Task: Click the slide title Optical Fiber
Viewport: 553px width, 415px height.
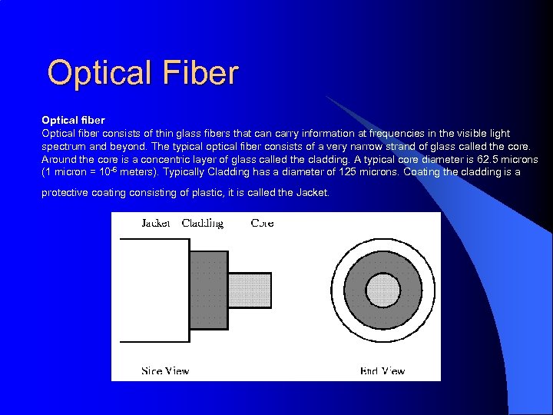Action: point(143,74)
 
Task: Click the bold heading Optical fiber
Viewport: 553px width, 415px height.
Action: point(73,121)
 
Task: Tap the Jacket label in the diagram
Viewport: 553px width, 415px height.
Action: point(156,223)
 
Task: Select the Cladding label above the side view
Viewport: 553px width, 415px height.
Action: point(202,223)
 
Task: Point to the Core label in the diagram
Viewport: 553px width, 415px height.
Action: point(262,223)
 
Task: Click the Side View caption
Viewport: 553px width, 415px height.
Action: point(165,370)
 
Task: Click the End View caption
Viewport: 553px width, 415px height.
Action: point(382,370)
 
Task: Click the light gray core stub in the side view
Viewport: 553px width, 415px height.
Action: point(250,290)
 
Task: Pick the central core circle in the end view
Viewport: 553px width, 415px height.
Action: point(383,290)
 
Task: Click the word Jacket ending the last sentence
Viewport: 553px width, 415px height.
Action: point(312,192)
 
